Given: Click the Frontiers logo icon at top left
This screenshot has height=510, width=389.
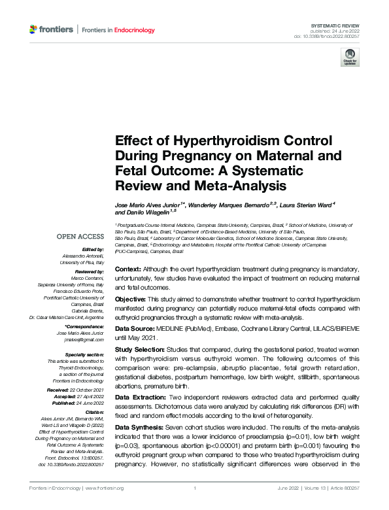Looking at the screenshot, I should tap(33, 29).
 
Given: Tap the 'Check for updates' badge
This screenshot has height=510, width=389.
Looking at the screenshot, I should tap(350, 58).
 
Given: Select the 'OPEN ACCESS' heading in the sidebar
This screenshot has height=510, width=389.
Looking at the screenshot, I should tap(80, 237).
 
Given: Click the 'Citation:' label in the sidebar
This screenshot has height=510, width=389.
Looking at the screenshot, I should tap(93, 413).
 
